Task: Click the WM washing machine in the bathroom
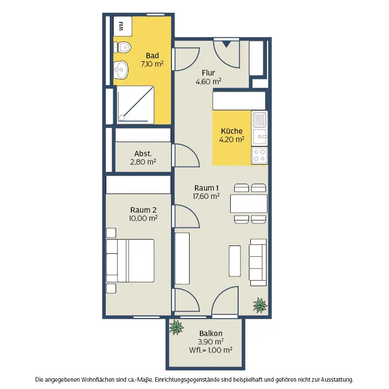[122, 26]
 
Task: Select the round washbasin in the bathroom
[121, 70]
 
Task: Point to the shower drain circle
[122, 118]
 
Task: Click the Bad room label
[152, 55]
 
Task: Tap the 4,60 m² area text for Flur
[208, 81]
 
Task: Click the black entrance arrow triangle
[226, 45]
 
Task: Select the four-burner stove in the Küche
[259, 155]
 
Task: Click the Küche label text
[232, 131]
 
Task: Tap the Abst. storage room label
[143, 153]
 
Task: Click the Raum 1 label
[206, 188]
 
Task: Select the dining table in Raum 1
[249, 204]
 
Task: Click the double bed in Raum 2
[130, 261]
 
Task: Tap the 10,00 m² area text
[143, 219]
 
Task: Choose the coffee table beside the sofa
[235, 261]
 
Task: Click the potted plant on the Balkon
[176, 327]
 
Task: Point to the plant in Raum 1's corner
[260, 305]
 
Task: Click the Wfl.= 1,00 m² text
[211, 350]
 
